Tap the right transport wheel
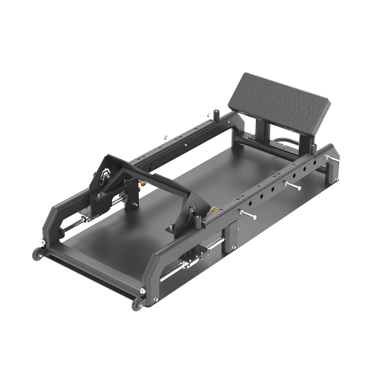click(136, 304)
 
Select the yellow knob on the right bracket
click(214, 210)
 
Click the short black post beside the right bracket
click(198, 220)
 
